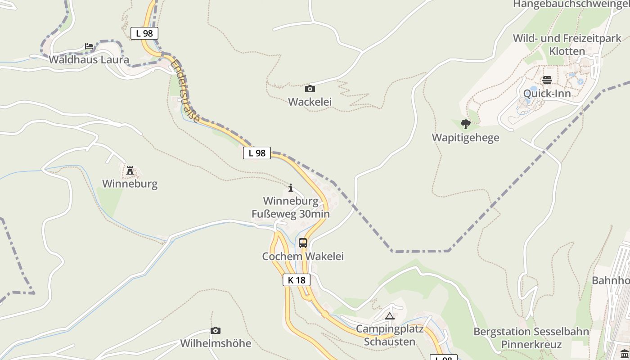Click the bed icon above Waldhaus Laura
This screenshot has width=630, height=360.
(x=89, y=46)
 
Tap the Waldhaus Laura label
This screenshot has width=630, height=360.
(x=89, y=59)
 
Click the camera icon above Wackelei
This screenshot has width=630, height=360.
(x=310, y=89)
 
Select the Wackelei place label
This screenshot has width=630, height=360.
(x=310, y=102)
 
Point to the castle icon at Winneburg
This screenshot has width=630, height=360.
(x=130, y=171)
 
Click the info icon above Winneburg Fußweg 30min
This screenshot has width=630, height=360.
(x=291, y=188)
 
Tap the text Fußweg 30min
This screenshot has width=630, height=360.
(x=291, y=214)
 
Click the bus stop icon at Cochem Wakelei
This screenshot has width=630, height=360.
(x=303, y=243)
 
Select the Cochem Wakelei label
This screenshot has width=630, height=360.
(x=303, y=256)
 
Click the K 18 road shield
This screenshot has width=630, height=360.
(x=297, y=280)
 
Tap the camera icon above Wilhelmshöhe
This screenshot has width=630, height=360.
(x=216, y=330)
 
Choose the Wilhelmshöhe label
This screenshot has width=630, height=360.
(x=216, y=343)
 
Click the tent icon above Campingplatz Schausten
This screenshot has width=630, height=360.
(x=390, y=316)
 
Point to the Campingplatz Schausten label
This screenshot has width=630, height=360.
(x=390, y=335)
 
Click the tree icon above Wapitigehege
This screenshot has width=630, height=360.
(x=466, y=124)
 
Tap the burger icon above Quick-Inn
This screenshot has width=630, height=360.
(x=547, y=80)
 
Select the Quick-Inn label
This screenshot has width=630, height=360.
(x=547, y=94)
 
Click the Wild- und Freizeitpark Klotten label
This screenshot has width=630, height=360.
(x=567, y=45)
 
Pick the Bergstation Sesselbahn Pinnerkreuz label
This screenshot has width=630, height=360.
(x=531, y=338)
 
